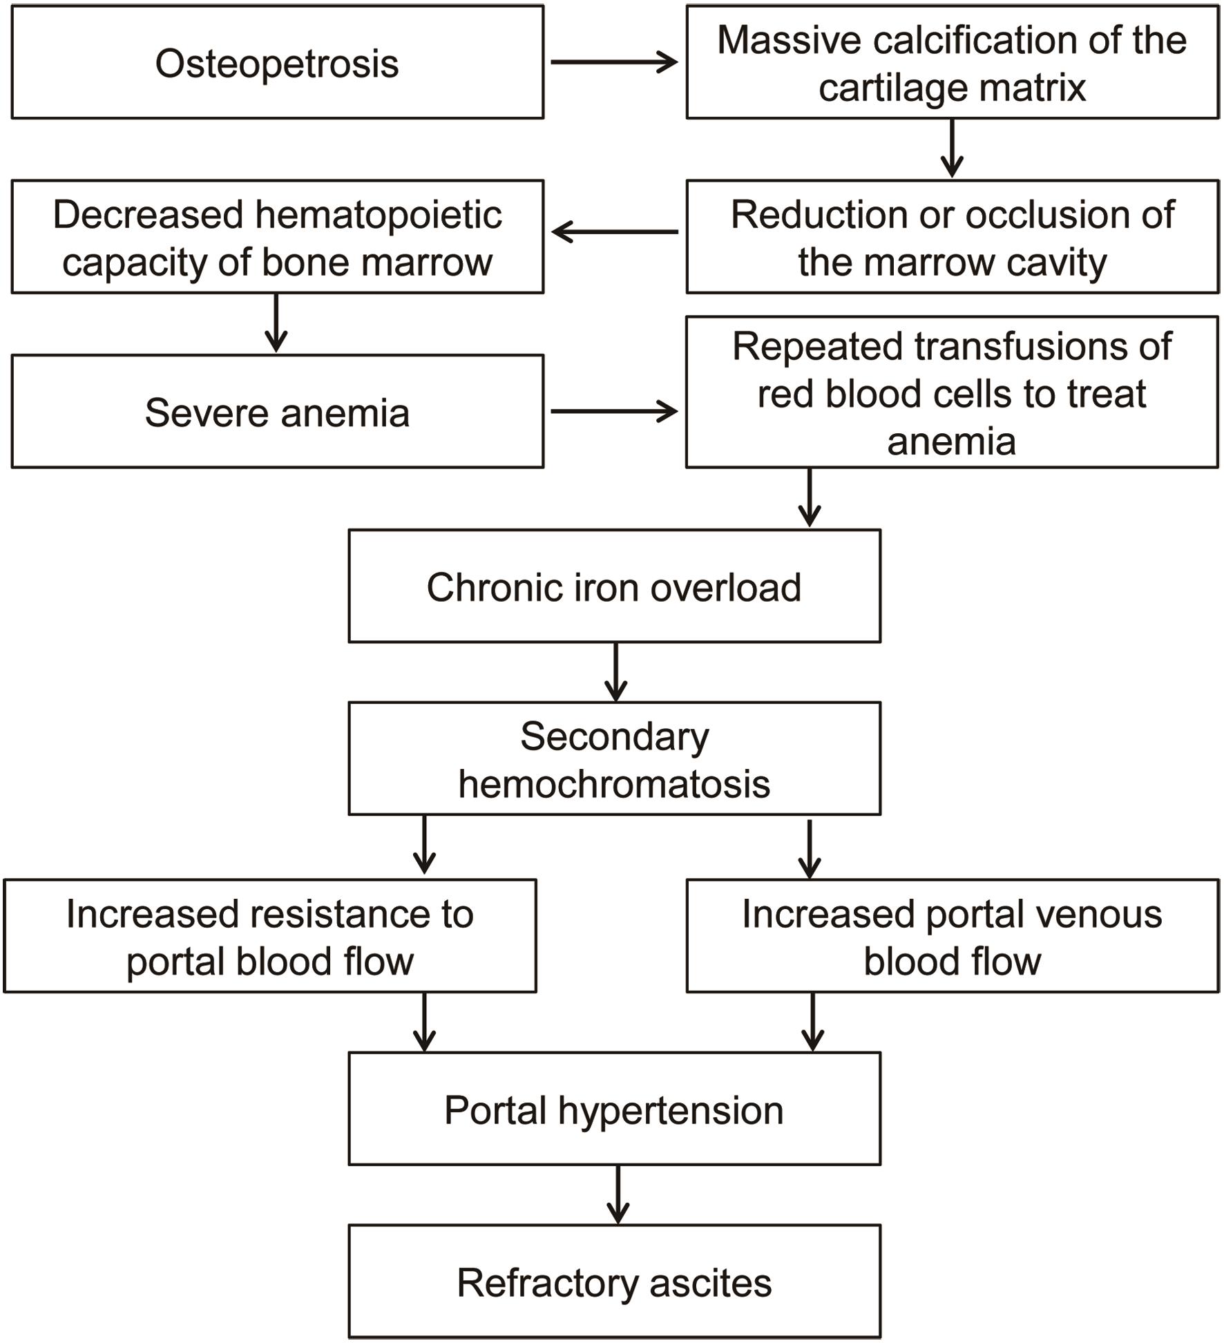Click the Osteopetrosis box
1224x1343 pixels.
tap(277, 63)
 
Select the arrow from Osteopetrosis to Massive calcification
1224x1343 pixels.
tap(613, 62)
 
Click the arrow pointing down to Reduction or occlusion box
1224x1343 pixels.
tap(952, 148)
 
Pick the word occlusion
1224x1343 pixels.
tap(1050, 215)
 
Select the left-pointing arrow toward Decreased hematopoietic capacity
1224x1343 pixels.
tap(615, 232)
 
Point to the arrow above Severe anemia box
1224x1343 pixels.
tap(276, 323)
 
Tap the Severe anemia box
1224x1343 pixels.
tap(277, 412)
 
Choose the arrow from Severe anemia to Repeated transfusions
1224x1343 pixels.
tap(613, 411)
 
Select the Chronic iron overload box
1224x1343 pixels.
tap(614, 587)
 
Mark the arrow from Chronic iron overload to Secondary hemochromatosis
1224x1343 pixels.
tap(615, 671)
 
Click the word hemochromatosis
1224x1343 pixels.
tap(614, 785)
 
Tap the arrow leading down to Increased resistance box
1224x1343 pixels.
tap(424, 846)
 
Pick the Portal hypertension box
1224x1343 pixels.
tap(614, 1110)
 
